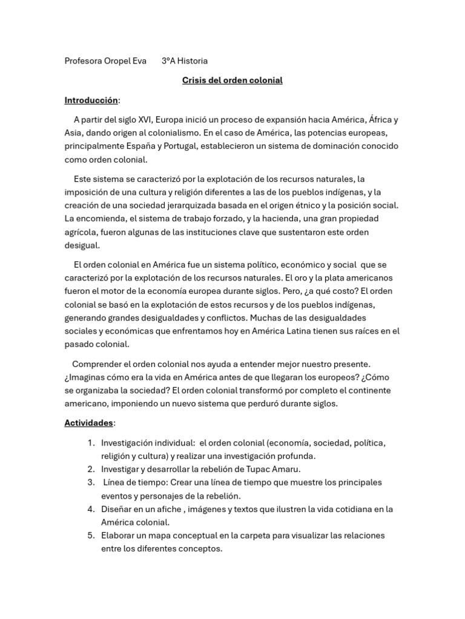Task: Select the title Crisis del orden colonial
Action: click(232, 80)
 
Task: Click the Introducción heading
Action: click(91, 100)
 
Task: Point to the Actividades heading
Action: click(89, 423)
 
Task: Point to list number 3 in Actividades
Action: click(90, 482)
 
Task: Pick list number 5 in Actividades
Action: click(90, 536)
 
